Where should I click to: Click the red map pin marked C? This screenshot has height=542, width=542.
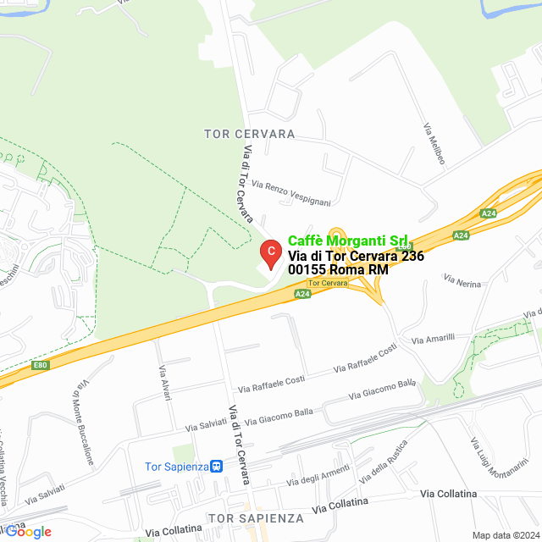point(269,253)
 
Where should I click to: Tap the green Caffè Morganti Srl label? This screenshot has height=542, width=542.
point(348,241)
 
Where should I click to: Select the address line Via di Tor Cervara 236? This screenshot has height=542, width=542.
point(356,256)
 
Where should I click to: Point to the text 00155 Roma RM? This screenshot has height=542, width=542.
point(338,269)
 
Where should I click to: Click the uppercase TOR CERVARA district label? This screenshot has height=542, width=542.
point(249,134)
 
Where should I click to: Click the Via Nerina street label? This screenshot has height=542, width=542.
point(462,280)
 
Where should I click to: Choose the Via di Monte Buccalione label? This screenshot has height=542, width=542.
point(82,424)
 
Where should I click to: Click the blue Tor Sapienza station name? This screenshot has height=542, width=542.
point(176,466)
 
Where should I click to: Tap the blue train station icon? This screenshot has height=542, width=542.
point(217,466)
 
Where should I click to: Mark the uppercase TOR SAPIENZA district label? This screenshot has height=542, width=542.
point(255,517)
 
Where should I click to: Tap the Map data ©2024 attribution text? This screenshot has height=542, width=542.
point(506,535)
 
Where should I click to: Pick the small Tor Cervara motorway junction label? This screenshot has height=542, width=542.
point(328,282)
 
